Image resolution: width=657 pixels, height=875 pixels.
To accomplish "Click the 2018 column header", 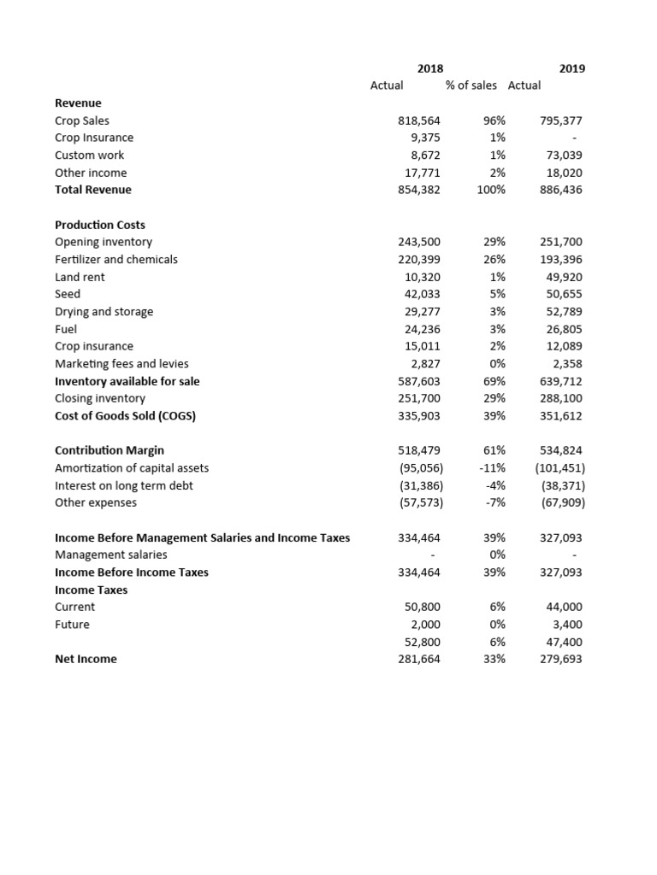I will coord(429,68).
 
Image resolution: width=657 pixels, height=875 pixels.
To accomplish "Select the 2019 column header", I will coord(572,68).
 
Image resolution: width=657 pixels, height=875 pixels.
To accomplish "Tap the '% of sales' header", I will coord(471,85).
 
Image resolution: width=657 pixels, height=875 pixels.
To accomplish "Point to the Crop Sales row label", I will coord(82,120).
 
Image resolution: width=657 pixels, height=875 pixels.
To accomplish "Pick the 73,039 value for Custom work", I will coord(564,156).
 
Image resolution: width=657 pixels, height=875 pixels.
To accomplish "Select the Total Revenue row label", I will coord(93,190).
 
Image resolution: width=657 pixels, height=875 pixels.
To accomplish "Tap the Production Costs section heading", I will coord(100,225).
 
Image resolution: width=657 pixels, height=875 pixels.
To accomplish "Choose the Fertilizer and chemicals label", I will coord(116,259).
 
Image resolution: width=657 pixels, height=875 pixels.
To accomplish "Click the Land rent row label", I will coord(80,277).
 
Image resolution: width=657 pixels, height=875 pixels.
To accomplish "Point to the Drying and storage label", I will coord(104,312).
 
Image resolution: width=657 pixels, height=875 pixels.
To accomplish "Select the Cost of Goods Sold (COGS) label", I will coord(131,416).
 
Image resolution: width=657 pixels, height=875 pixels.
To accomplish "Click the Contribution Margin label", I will coord(109,450).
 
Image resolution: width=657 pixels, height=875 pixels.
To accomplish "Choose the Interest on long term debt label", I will coord(124,485).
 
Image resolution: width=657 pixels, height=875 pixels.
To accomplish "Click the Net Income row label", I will coord(86,659).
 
